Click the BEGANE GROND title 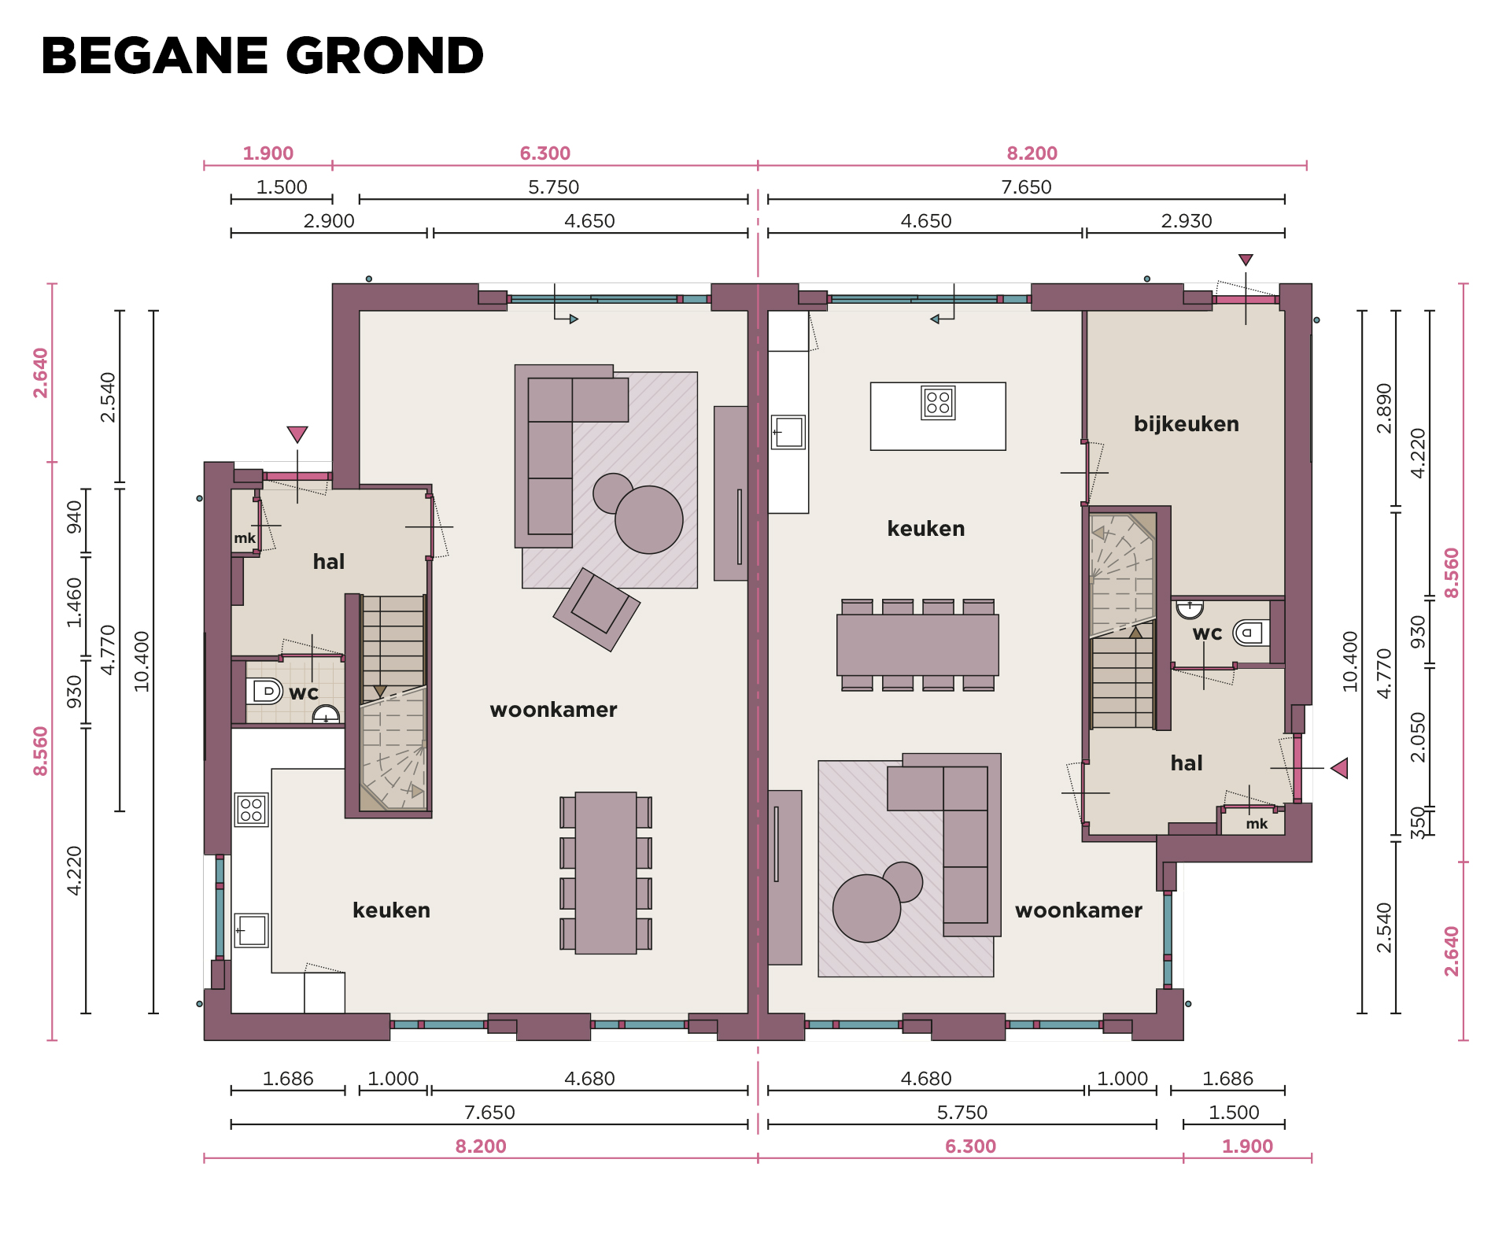[x=262, y=56]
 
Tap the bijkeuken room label [x=1186, y=424]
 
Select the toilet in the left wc [x=264, y=691]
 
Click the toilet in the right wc [x=1251, y=633]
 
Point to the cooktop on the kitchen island [x=938, y=403]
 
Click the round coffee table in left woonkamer [x=648, y=519]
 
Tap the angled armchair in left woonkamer [x=596, y=609]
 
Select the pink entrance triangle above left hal [x=297, y=434]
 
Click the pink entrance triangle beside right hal [x=1339, y=768]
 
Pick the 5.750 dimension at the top [x=553, y=187]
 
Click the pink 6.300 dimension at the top [x=544, y=153]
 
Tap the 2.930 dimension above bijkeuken [x=1186, y=221]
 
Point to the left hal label [x=328, y=562]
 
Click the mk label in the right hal [x=1257, y=824]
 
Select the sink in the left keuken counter [x=251, y=931]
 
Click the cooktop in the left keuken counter [x=251, y=810]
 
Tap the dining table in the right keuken [x=917, y=645]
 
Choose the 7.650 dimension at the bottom [x=489, y=1113]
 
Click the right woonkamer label [x=1078, y=910]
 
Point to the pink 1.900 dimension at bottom [x=1247, y=1146]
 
